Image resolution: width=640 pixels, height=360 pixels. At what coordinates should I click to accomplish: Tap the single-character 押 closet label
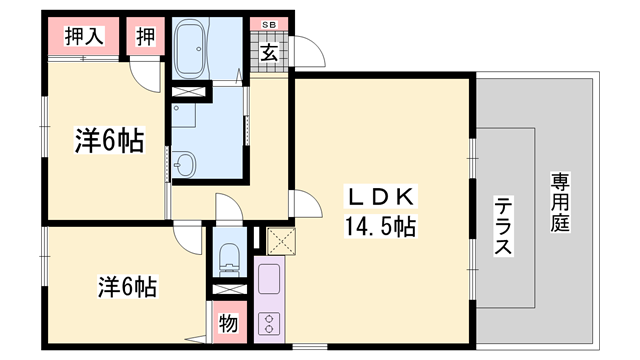pyautogui.click(x=145, y=38)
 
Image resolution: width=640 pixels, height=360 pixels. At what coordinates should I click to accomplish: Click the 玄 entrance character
pyautogui.click(x=270, y=53)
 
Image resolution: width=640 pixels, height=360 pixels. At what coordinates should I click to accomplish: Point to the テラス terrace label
pyautogui.click(x=503, y=227)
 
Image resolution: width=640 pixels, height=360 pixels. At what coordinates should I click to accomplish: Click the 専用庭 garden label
pyautogui.click(x=559, y=204)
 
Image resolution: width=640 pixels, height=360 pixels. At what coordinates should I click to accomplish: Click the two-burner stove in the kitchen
pyautogui.click(x=268, y=322)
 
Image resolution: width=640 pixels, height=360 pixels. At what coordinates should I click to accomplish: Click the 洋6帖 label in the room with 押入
pyautogui.click(x=108, y=142)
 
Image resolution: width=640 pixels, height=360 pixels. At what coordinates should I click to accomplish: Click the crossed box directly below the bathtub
pyautogui.click(x=190, y=93)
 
